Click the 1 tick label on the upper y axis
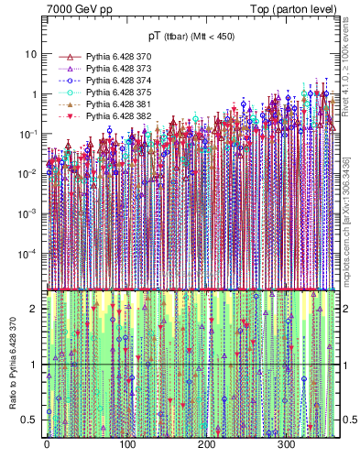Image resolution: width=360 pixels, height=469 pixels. [x=35, y=94]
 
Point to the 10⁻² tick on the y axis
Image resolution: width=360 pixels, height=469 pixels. [x=30, y=174]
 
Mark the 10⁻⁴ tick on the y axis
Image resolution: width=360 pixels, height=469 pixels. [x=30, y=254]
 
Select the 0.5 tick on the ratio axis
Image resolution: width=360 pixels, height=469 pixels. [x=32, y=420]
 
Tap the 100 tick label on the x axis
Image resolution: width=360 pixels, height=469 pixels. [x=126, y=446]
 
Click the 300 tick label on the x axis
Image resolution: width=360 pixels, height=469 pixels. [x=286, y=446]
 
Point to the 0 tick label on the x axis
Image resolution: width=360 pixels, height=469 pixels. [x=47, y=446]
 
